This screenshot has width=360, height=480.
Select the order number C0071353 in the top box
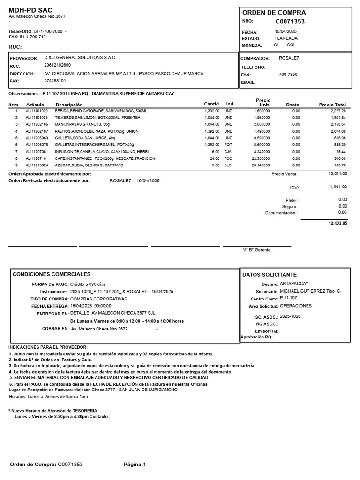[x=290, y=22]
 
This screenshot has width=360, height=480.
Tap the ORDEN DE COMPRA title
[x=274, y=12]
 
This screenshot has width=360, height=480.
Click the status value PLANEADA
[x=286, y=38]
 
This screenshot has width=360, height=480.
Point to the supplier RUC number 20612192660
[x=58, y=65]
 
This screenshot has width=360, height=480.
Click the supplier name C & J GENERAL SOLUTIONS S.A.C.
[x=80, y=57]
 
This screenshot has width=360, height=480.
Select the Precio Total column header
[x=332, y=105]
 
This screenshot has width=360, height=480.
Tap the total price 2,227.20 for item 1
[x=337, y=111]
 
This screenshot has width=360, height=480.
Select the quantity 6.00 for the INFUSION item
[x=215, y=152]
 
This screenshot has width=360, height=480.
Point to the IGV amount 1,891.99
[x=338, y=187]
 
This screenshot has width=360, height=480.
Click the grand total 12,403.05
[x=337, y=224]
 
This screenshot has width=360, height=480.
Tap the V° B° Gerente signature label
[x=256, y=250]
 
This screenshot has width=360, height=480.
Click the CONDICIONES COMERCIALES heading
[x=52, y=274]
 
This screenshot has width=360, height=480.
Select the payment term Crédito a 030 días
[x=89, y=285]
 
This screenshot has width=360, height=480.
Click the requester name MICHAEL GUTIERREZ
[x=302, y=291]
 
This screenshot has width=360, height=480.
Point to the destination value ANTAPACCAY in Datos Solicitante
[x=294, y=284]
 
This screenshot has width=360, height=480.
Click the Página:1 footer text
[x=135, y=465]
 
